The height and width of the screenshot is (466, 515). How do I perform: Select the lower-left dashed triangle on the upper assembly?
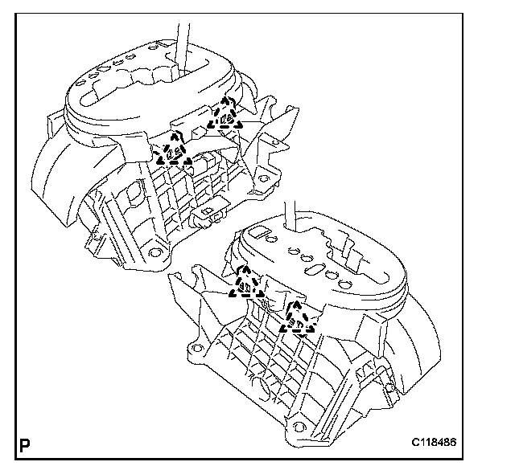(x=173, y=151)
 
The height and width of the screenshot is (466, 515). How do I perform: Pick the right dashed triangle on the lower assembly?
(x=295, y=319)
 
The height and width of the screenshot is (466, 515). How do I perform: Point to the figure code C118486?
(x=453, y=444)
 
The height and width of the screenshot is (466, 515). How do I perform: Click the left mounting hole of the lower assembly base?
(x=194, y=350)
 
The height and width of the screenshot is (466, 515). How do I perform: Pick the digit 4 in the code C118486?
(x=459, y=444)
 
